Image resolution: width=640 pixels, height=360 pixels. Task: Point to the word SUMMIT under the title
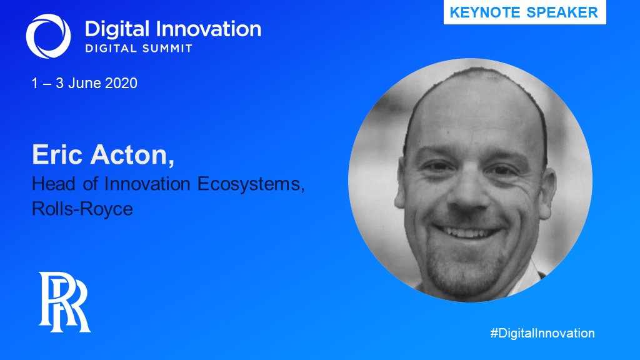click(x=165, y=47)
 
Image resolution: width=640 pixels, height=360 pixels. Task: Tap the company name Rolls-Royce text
click(x=82, y=208)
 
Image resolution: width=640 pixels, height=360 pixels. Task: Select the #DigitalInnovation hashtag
click(x=542, y=333)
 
